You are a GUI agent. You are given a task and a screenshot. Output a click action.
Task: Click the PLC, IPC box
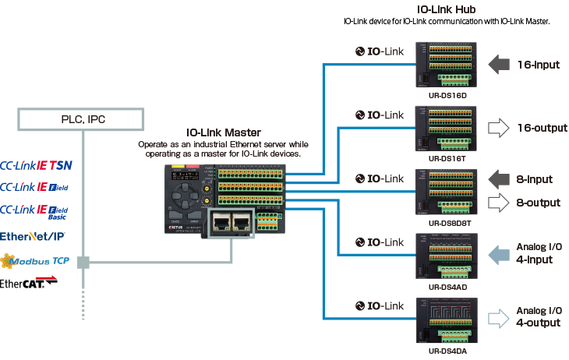81,119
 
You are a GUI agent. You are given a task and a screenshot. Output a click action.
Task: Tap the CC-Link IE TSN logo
38,165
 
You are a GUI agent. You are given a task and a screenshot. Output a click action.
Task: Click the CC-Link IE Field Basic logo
38,210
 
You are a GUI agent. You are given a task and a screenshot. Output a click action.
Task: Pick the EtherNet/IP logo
34,235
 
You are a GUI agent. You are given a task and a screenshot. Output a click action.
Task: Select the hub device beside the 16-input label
441,67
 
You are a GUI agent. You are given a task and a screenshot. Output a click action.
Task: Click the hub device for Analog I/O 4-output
441,319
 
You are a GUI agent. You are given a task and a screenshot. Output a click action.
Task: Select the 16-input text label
539,64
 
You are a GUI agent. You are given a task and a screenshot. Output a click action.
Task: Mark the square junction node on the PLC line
83,263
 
